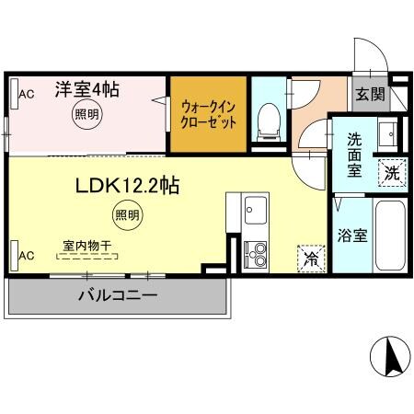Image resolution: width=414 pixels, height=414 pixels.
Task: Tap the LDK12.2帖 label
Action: pos(127,186)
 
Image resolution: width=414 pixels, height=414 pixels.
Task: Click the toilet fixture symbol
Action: pos(270,119)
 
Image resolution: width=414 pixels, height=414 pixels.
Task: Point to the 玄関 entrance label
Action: pos(372,94)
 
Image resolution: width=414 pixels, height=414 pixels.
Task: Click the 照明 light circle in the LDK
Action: pos(127,217)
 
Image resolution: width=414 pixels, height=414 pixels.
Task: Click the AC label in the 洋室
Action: pos(28,94)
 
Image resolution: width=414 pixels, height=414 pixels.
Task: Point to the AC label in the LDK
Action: pos(28,255)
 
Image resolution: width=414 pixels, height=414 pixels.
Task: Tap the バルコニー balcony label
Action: pos(116,295)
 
